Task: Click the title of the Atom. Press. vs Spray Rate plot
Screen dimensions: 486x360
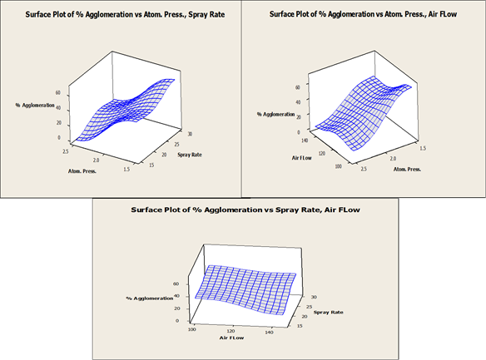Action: (x=125, y=14)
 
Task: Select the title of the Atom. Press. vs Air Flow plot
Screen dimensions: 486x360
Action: (x=363, y=14)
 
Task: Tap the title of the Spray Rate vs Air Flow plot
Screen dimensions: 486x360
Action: (x=245, y=210)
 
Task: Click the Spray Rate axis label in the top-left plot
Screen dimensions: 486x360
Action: (x=190, y=155)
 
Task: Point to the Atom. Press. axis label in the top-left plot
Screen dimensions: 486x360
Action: (x=82, y=171)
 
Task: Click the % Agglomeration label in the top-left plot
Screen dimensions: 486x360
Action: (x=35, y=106)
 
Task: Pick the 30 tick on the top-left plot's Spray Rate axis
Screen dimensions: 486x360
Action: (x=190, y=134)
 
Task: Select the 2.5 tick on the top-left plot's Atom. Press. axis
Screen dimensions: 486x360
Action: (x=66, y=151)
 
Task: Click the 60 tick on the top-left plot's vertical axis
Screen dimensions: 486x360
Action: (x=58, y=92)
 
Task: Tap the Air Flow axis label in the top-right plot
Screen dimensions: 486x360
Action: (x=301, y=158)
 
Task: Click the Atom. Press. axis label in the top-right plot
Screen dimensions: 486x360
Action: (x=407, y=170)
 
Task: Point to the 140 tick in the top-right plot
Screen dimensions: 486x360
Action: (x=305, y=141)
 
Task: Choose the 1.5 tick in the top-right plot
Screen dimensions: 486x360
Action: (x=423, y=148)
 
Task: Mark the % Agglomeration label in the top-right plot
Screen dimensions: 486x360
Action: (x=275, y=114)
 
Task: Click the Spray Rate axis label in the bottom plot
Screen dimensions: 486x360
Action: (x=328, y=313)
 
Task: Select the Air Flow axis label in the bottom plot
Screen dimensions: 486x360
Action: (x=232, y=338)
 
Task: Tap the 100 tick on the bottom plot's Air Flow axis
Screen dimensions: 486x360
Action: (x=192, y=329)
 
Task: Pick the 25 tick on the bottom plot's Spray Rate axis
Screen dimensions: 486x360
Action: (x=309, y=307)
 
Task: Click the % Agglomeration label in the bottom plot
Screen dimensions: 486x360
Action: (x=150, y=298)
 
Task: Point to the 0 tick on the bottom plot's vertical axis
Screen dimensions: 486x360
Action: (x=177, y=321)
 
